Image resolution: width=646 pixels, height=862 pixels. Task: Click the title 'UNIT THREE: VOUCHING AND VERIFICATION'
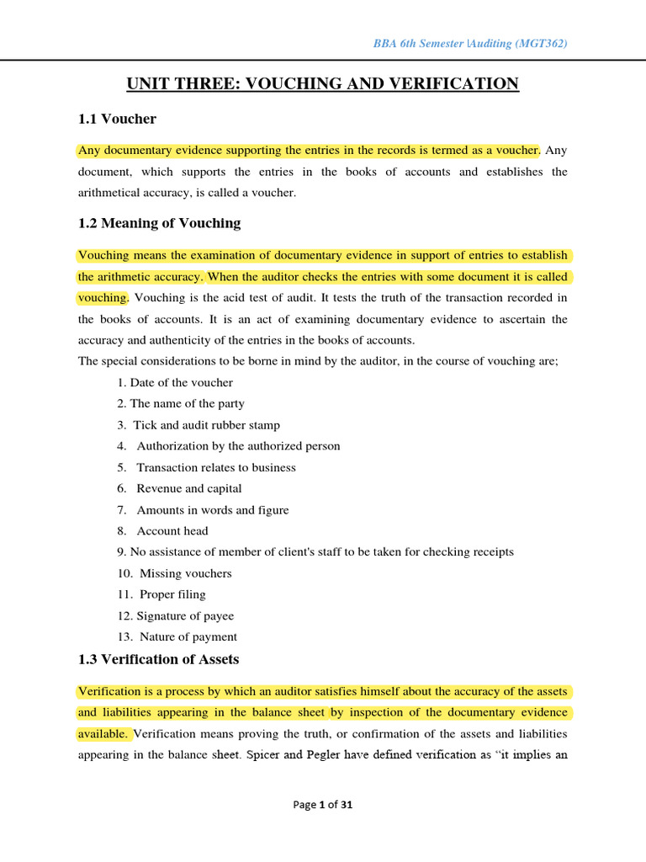point(323,83)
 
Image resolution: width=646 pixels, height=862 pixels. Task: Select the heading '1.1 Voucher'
point(117,119)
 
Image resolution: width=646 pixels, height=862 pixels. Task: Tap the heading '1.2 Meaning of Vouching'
point(159,223)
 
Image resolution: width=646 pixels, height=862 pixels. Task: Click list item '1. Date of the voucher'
point(175,382)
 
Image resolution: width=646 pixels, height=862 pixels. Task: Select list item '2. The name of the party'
point(181,403)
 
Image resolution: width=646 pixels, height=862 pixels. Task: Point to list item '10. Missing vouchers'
point(174,573)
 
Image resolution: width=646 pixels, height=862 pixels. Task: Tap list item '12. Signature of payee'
point(175,615)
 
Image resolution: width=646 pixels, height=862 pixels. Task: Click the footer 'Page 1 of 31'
point(323,805)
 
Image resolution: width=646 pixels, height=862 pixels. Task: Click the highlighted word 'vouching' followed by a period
point(102,297)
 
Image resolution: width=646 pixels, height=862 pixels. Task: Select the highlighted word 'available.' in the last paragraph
point(103,733)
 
